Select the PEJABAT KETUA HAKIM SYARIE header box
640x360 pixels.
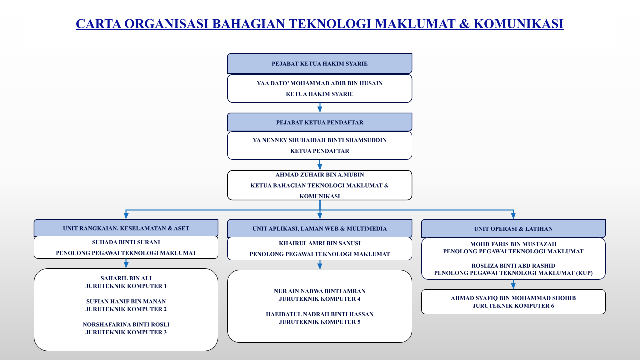319,63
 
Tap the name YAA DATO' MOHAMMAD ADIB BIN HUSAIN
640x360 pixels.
319,83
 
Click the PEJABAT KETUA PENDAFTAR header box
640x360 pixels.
319,122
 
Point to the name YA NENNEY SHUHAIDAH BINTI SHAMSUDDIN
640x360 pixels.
319,140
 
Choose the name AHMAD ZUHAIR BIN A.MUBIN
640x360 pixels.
319,175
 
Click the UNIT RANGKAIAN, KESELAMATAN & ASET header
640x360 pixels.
126,228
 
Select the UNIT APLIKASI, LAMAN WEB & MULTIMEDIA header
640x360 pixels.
319,228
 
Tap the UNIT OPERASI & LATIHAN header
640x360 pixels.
513,229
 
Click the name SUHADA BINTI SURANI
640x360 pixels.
126,242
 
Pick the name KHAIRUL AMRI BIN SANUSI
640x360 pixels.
319,243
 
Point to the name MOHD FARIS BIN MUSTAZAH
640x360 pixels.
513,244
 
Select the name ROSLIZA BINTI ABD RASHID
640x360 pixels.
513,266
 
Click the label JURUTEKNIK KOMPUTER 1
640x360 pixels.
126,286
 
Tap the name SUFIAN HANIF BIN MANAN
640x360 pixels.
126,301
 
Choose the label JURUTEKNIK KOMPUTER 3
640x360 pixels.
126,332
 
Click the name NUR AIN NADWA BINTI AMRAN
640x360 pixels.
319,291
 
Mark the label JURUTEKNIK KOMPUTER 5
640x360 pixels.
319,322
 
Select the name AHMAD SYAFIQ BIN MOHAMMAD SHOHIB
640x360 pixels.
513,298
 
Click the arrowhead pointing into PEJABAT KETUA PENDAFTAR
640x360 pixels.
320,110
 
